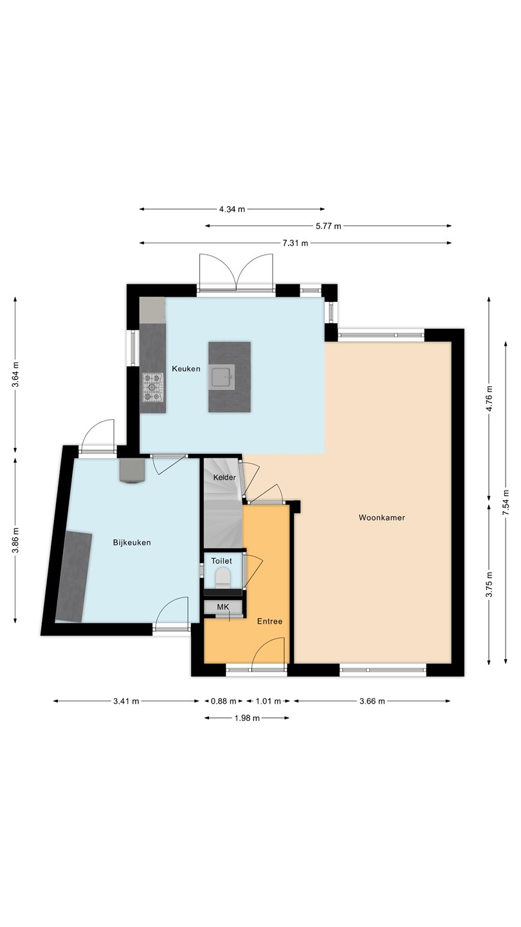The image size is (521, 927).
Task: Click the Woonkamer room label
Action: click(x=381, y=518)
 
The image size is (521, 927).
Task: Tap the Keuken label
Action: click(x=186, y=368)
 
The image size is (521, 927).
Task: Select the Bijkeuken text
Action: click(x=132, y=543)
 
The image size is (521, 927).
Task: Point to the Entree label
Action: click(x=270, y=621)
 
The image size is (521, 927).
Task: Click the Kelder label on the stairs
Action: click(x=224, y=477)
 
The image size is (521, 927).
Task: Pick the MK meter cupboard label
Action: click(x=223, y=607)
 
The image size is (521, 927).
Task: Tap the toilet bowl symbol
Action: click(x=223, y=577)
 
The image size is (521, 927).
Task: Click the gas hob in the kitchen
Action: click(x=152, y=387)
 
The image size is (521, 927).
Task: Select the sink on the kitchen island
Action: click(x=221, y=377)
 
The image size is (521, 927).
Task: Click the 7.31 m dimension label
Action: click(x=295, y=243)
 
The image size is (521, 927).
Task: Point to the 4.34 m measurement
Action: click(x=232, y=209)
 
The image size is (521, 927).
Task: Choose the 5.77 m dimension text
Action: click(x=328, y=226)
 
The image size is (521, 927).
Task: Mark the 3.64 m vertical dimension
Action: click(x=15, y=374)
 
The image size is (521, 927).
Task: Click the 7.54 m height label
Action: click(x=506, y=502)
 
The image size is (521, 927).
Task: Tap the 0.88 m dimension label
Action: click(x=224, y=701)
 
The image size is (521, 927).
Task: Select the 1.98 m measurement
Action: click(x=247, y=718)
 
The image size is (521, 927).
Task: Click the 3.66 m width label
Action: click(x=372, y=701)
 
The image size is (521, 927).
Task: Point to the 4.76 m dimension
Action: click(x=489, y=398)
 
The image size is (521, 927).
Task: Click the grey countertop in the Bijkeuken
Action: click(x=73, y=577)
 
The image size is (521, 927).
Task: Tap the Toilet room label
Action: click(x=222, y=561)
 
